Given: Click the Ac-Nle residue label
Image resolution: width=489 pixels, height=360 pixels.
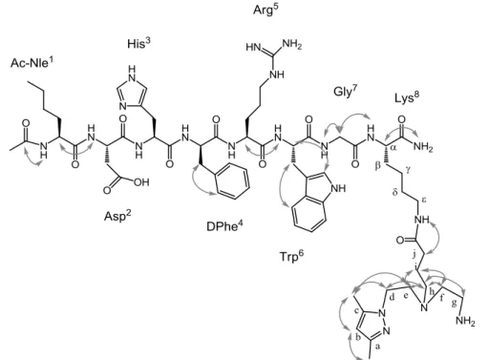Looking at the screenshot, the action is pos(32,62).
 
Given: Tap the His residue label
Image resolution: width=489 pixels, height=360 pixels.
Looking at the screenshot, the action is pos(138,43).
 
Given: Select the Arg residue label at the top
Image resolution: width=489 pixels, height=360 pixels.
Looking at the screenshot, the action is pos(266,10).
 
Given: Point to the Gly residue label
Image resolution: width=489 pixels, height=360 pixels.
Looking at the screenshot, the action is pos(346,91).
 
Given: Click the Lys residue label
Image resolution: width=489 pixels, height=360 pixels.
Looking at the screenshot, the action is pos(407,97).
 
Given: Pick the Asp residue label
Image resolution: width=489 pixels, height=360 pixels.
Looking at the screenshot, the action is pos(117,216).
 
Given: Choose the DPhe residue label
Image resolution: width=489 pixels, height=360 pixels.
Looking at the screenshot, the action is pos(224,225).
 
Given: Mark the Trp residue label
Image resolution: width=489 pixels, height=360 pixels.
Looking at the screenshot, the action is pos(291,256).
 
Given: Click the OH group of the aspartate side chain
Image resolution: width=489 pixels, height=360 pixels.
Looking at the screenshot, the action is pos(141,182).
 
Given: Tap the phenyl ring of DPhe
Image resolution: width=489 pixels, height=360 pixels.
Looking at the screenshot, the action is pos(233,181).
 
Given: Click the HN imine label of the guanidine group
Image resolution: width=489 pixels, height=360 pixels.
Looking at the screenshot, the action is pos(253,47).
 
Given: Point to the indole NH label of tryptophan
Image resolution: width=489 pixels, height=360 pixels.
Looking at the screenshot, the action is pos(338,188).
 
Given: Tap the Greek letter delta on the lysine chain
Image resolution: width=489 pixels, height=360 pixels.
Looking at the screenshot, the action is pos(394,191).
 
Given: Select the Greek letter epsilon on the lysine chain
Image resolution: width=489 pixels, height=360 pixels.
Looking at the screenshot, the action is pos(424,200).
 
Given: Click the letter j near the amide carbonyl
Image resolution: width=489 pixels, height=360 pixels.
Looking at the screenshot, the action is pos(415,254).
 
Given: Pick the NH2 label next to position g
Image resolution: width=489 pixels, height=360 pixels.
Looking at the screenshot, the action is pos(465,321).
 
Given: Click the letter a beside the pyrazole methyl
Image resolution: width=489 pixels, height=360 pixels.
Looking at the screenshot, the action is pos(377,347).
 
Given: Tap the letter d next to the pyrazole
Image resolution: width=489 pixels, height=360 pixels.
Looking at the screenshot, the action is pos(392,297).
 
